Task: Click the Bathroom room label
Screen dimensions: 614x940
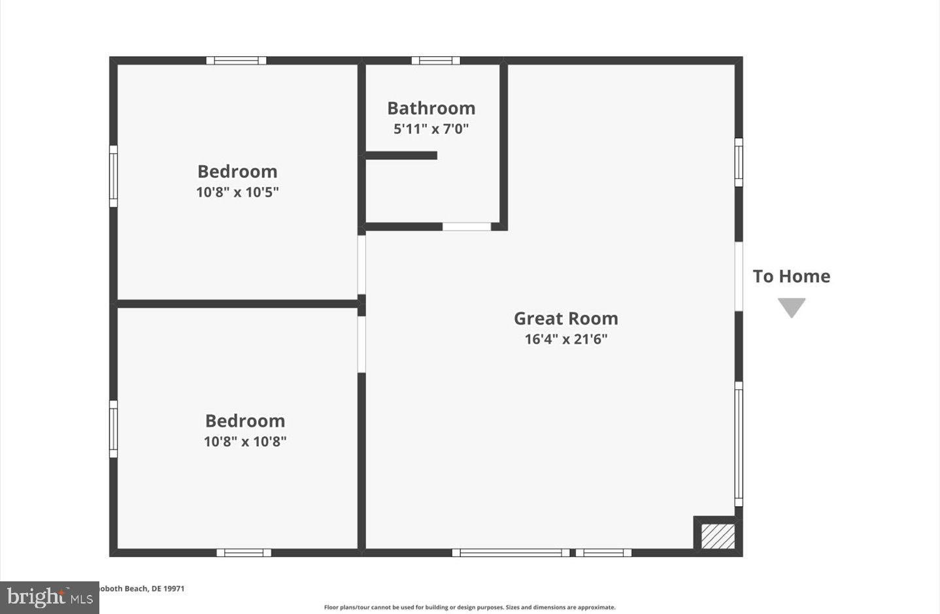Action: point(431,108)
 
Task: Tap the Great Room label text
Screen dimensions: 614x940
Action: point(565,318)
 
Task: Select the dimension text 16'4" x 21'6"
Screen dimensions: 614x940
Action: point(565,339)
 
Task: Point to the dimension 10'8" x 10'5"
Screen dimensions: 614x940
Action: point(237,192)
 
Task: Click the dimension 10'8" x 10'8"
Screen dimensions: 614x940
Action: point(244,442)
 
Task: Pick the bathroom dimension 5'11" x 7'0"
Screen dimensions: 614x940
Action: point(431,129)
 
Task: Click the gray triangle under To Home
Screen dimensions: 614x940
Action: point(791,307)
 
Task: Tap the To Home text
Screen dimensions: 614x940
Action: point(791,276)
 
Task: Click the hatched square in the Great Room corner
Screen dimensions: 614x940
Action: point(718,536)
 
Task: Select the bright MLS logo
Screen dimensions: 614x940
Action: point(50,597)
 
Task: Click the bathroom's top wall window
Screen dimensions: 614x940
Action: point(435,61)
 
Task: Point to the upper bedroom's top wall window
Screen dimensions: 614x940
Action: point(236,61)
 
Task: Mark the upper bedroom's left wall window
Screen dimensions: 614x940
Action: point(113,176)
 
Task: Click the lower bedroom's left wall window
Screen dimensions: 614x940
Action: point(113,428)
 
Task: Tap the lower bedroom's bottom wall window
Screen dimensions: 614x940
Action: point(244,553)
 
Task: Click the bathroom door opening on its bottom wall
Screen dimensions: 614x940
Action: point(467,227)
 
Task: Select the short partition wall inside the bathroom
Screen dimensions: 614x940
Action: point(401,155)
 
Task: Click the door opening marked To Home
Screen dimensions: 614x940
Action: point(739,276)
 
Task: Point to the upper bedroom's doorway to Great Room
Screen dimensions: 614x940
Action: point(361,265)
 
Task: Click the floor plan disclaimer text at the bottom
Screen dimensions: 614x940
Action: point(469,607)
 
